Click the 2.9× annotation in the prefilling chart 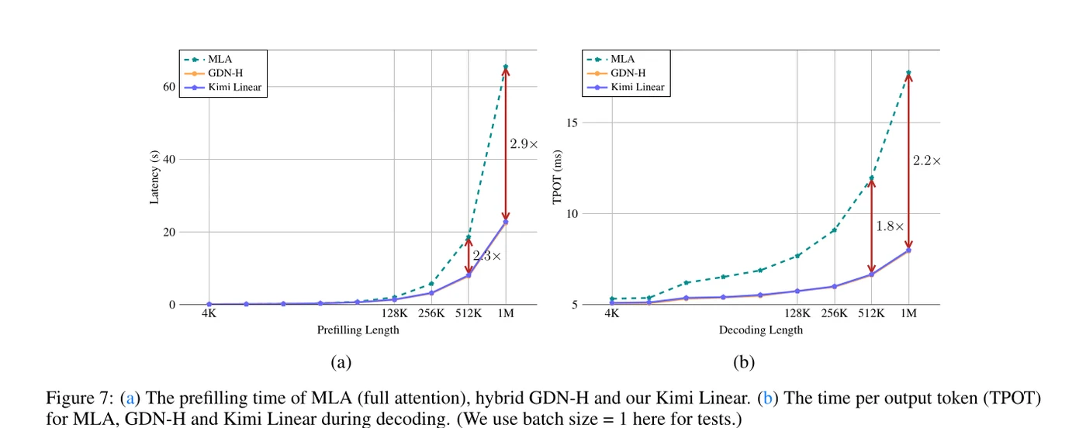tap(524, 144)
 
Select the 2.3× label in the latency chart tap(487, 256)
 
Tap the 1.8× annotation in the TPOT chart tap(890, 226)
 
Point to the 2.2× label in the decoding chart tap(926, 161)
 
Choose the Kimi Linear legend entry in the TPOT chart tap(625, 88)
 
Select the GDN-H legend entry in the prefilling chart tap(213, 73)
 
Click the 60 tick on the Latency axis tap(169, 87)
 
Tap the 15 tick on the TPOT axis tap(572, 123)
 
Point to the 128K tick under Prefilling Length tap(394, 313)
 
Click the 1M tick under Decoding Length tap(908, 313)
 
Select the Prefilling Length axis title tap(358, 330)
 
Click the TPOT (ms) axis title tap(557, 177)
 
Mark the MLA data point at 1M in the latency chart tap(506, 67)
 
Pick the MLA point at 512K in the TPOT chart tap(871, 178)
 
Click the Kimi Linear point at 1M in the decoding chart tap(908, 250)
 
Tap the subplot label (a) tap(341, 362)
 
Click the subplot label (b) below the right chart tap(744, 362)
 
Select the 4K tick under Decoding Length tap(612, 313)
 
